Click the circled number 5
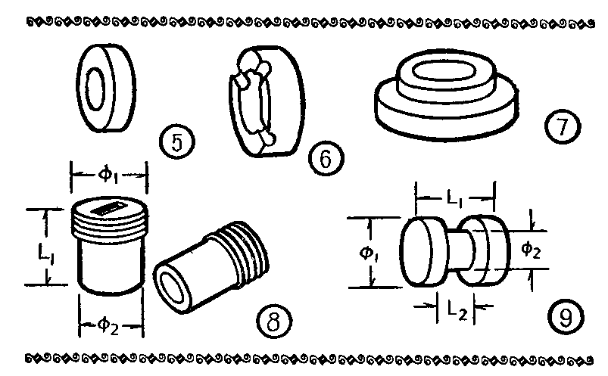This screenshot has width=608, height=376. point(177,142)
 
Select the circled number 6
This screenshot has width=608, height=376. point(326,158)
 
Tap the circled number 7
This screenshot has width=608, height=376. point(563,126)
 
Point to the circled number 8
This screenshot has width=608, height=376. point(274,321)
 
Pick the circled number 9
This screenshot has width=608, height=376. point(566,317)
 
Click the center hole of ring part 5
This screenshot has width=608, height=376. point(94,89)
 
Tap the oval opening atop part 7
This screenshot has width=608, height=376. point(444,72)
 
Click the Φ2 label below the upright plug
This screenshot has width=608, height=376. point(108,325)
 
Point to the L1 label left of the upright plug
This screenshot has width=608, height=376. point(45,254)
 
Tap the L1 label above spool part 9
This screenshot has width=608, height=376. point(455,199)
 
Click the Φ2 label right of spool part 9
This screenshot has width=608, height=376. point(531,249)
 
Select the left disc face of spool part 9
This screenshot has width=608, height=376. point(414,252)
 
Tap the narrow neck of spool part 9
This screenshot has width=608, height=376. point(460,250)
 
